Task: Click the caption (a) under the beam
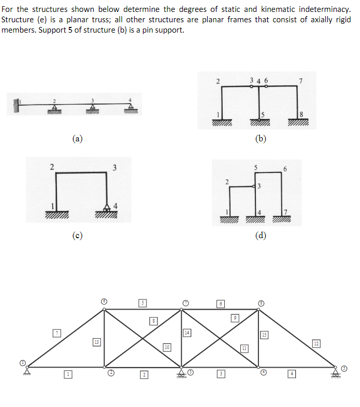click(77, 138)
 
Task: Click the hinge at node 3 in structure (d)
click(254, 186)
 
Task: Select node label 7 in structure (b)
click(300, 80)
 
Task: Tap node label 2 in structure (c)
click(51, 166)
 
